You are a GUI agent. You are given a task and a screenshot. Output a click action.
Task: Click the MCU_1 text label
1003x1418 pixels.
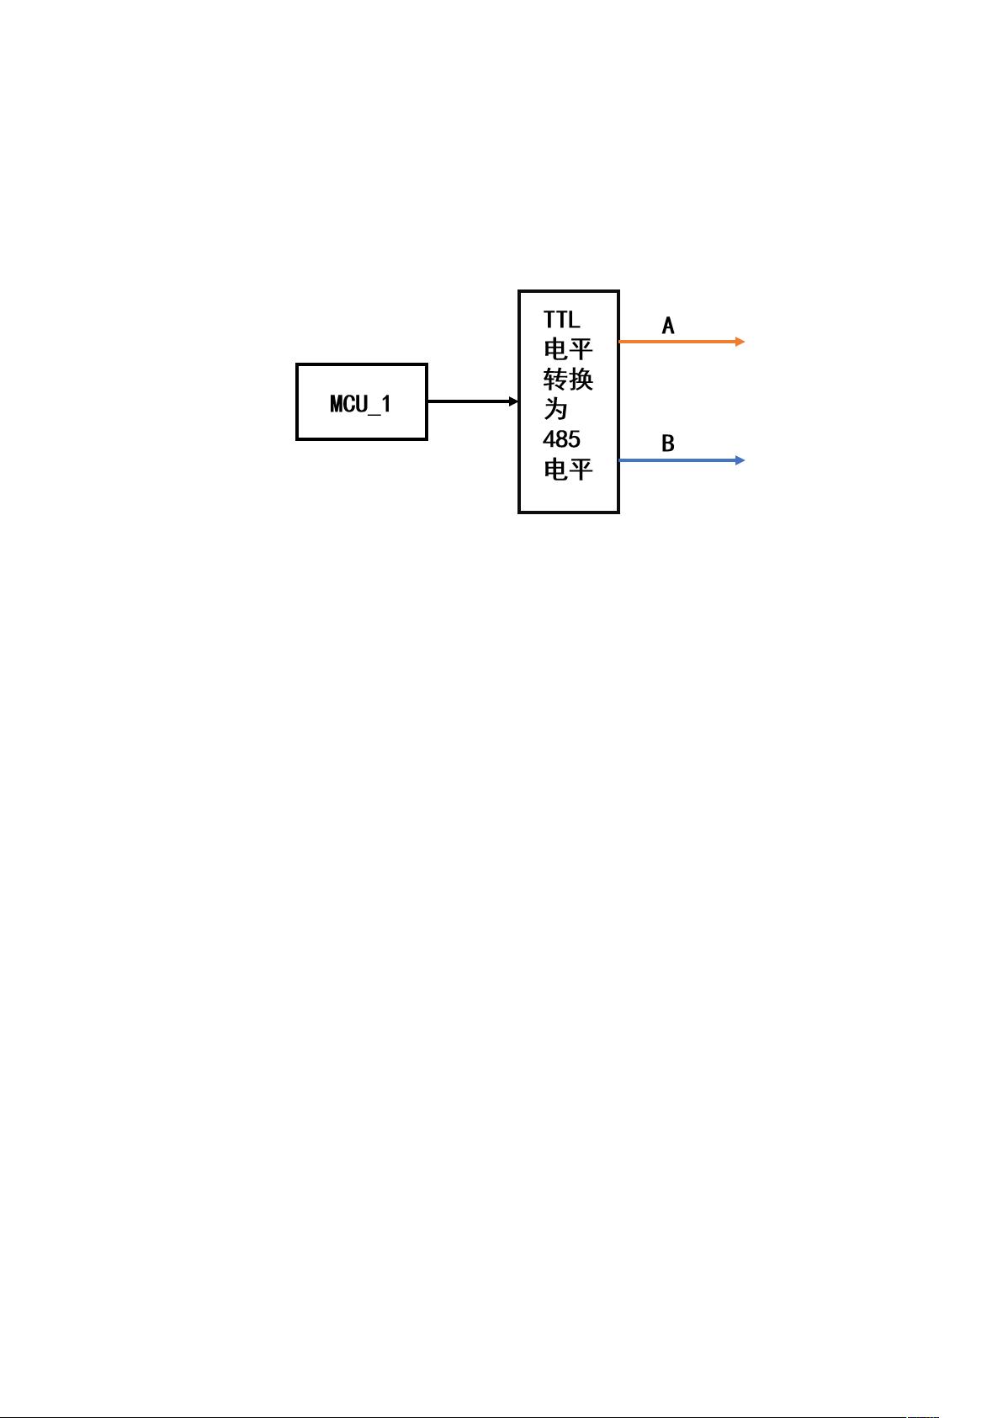pos(360,404)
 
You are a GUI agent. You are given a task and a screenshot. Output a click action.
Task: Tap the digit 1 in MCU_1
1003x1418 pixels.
pos(386,403)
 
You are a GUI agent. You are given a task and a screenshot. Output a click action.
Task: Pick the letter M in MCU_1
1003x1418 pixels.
pos(336,403)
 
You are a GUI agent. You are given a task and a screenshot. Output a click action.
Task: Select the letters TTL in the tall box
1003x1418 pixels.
pos(561,320)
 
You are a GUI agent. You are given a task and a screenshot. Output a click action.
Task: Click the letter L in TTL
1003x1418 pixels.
pos(574,320)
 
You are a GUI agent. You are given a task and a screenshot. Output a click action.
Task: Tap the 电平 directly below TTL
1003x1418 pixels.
pos(568,349)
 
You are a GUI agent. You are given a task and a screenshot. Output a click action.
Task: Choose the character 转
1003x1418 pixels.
pos(555,380)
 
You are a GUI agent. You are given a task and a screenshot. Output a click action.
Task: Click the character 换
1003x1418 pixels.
pos(581,380)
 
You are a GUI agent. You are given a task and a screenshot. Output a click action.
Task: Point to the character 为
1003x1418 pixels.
pos(555,410)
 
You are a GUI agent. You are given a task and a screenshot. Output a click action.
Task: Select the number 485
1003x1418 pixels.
pos(561,439)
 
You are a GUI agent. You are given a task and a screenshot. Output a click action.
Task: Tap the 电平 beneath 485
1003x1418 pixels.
pos(568,470)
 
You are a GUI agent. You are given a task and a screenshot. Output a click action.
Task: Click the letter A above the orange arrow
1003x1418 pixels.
pos(667,326)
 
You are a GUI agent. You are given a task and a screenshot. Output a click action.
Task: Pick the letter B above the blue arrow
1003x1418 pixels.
pos(667,443)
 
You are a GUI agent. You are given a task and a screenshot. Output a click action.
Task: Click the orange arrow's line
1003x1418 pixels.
pos(682,342)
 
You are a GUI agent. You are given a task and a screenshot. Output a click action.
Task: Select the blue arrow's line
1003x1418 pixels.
pos(682,460)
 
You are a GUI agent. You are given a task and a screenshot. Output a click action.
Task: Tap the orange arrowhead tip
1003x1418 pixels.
pos(745,342)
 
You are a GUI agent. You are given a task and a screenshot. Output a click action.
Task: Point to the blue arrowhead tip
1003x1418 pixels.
pos(745,460)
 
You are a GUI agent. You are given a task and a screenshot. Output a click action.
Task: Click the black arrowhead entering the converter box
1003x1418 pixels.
pos(514,401)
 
